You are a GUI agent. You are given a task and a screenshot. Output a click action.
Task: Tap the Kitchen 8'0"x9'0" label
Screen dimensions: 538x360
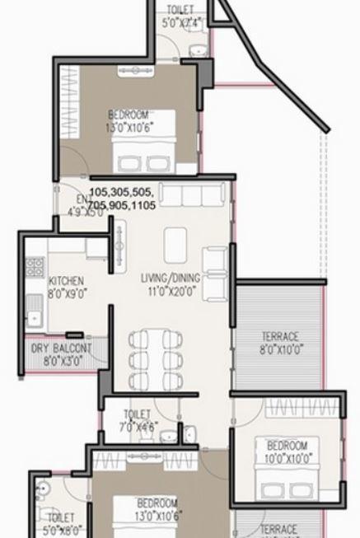(x=66, y=286)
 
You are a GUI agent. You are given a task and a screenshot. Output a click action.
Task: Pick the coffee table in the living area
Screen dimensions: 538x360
(x=175, y=244)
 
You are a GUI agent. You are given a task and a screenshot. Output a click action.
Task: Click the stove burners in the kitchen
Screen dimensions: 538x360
(x=35, y=267)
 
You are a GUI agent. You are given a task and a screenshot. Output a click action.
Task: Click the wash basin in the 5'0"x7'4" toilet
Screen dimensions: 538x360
(x=198, y=51)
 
